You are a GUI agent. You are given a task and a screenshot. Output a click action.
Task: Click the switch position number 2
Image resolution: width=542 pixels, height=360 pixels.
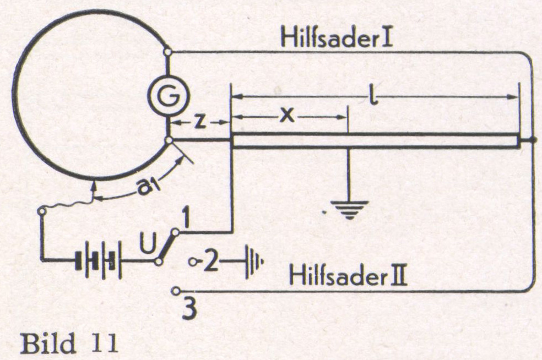210,261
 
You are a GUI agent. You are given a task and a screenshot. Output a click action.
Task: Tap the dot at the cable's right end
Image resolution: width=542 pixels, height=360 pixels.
531,140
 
